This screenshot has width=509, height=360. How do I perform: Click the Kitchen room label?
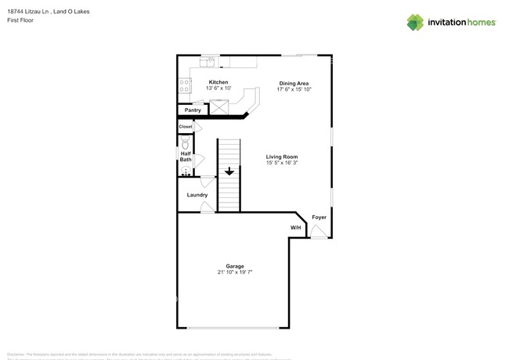[x=218, y=82]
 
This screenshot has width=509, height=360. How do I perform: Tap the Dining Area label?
[x=294, y=82]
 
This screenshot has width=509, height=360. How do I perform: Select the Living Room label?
[x=282, y=157]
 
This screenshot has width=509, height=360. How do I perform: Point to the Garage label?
[x=235, y=266]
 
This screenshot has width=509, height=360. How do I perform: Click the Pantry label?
[x=193, y=110]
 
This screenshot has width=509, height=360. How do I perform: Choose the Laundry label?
[x=197, y=195]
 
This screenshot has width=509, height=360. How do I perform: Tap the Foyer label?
[x=319, y=217]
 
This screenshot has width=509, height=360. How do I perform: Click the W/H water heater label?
[x=295, y=228]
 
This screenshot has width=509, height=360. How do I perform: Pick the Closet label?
[x=186, y=127]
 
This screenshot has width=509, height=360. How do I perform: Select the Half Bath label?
[x=186, y=157]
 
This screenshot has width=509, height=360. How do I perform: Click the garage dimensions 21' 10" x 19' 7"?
[x=235, y=272]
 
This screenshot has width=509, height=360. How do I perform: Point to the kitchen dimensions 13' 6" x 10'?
[x=218, y=88]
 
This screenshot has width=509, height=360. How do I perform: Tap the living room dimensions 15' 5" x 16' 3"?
[x=282, y=163]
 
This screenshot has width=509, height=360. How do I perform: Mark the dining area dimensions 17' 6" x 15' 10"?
[x=294, y=88]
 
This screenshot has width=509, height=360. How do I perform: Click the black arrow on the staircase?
[x=229, y=171]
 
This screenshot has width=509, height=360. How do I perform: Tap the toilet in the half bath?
[x=185, y=144]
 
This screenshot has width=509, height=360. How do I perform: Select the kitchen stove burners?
[x=184, y=86]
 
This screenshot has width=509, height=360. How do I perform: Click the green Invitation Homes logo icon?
[x=415, y=23]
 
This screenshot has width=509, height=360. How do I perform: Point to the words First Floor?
[x=20, y=20]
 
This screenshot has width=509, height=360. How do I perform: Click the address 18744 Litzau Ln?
[x=30, y=11]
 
